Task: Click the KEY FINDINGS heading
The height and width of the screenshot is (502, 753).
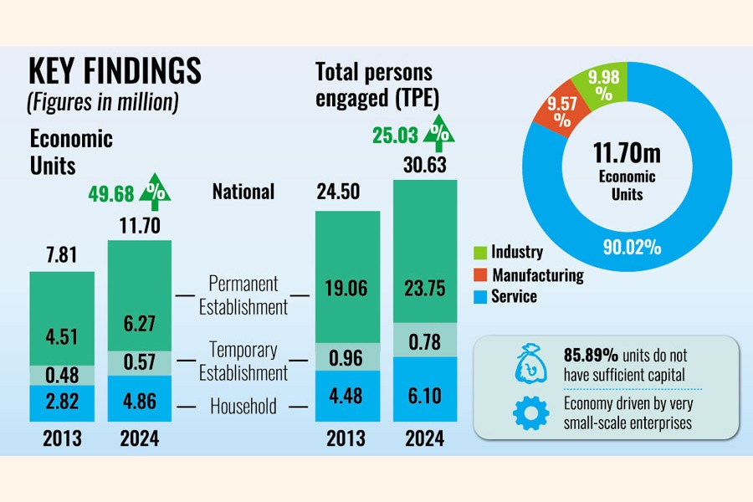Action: point(115,72)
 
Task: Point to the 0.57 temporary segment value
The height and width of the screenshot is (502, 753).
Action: point(139,362)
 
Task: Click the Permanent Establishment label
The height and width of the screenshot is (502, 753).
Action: point(243,295)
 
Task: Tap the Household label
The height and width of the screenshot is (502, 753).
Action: point(243,407)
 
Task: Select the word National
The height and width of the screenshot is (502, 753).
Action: point(243,192)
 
